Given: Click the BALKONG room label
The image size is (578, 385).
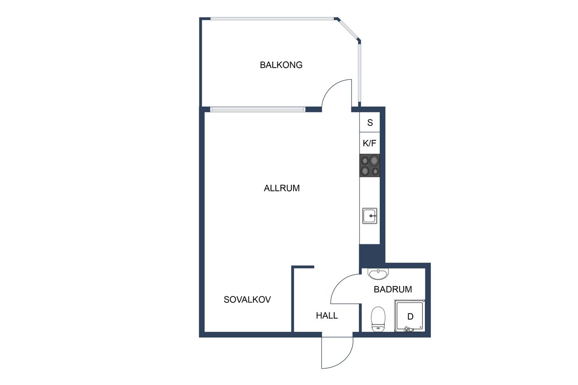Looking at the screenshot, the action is (281, 65).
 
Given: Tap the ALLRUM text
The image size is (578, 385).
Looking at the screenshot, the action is (282, 188).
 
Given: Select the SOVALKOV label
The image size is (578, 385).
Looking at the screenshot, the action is (247, 299).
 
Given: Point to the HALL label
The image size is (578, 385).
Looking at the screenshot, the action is (327, 315).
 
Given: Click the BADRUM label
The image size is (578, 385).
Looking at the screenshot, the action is (393, 289).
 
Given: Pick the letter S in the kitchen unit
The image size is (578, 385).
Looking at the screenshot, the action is (370, 122).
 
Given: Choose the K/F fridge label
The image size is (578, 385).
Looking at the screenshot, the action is (369, 143).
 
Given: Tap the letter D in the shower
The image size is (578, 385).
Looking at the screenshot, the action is (410, 316).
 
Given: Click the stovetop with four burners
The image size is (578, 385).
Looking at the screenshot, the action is (370, 166).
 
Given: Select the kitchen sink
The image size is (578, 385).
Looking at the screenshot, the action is (369, 216).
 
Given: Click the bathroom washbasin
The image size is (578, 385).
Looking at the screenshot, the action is (378, 274).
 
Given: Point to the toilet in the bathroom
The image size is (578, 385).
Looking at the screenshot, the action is (378, 319).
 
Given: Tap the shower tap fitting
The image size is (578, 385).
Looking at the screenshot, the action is (409, 329).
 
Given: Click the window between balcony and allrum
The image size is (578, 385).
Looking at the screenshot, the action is (257, 110).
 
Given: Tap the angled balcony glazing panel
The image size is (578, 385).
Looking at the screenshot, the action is (348, 29).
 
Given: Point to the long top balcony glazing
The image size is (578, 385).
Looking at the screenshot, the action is (272, 19).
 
